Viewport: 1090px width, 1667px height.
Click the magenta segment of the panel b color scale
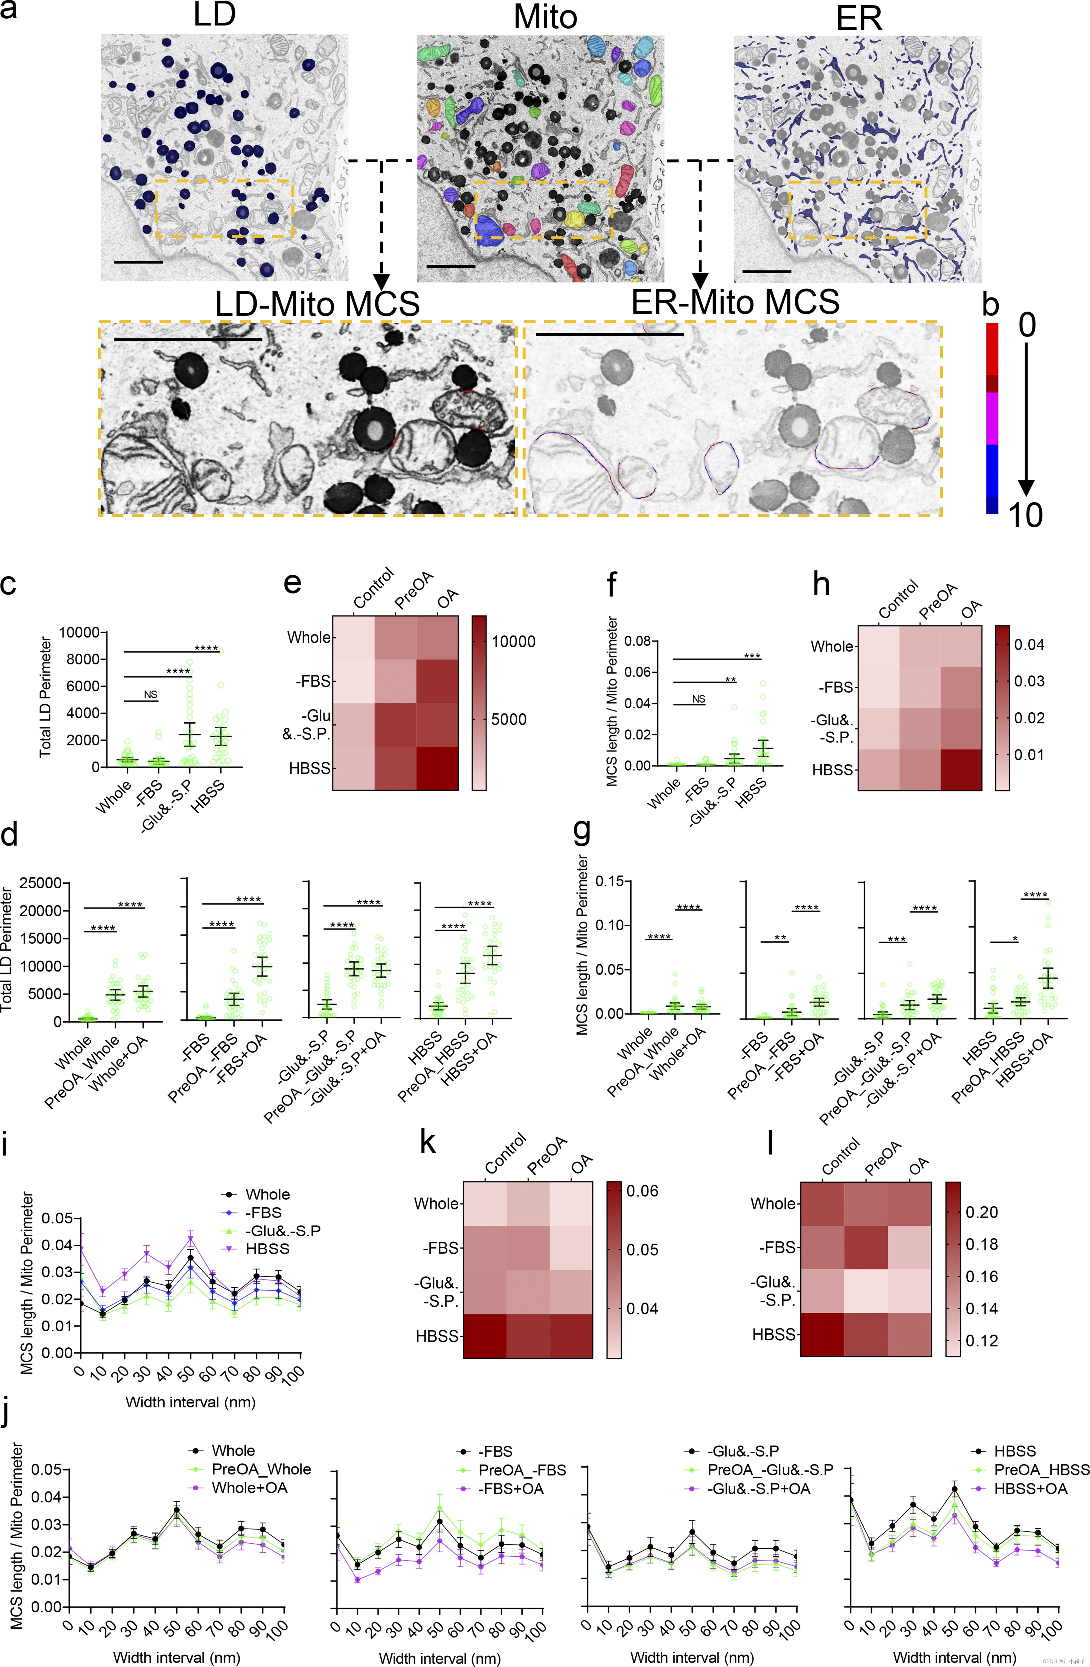[x=992, y=418]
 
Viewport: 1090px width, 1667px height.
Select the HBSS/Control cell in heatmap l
[x=822, y=1334]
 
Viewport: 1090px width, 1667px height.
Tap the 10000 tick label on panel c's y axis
[x=79, y=633]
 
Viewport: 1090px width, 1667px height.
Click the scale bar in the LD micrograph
[x=138, y=262]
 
